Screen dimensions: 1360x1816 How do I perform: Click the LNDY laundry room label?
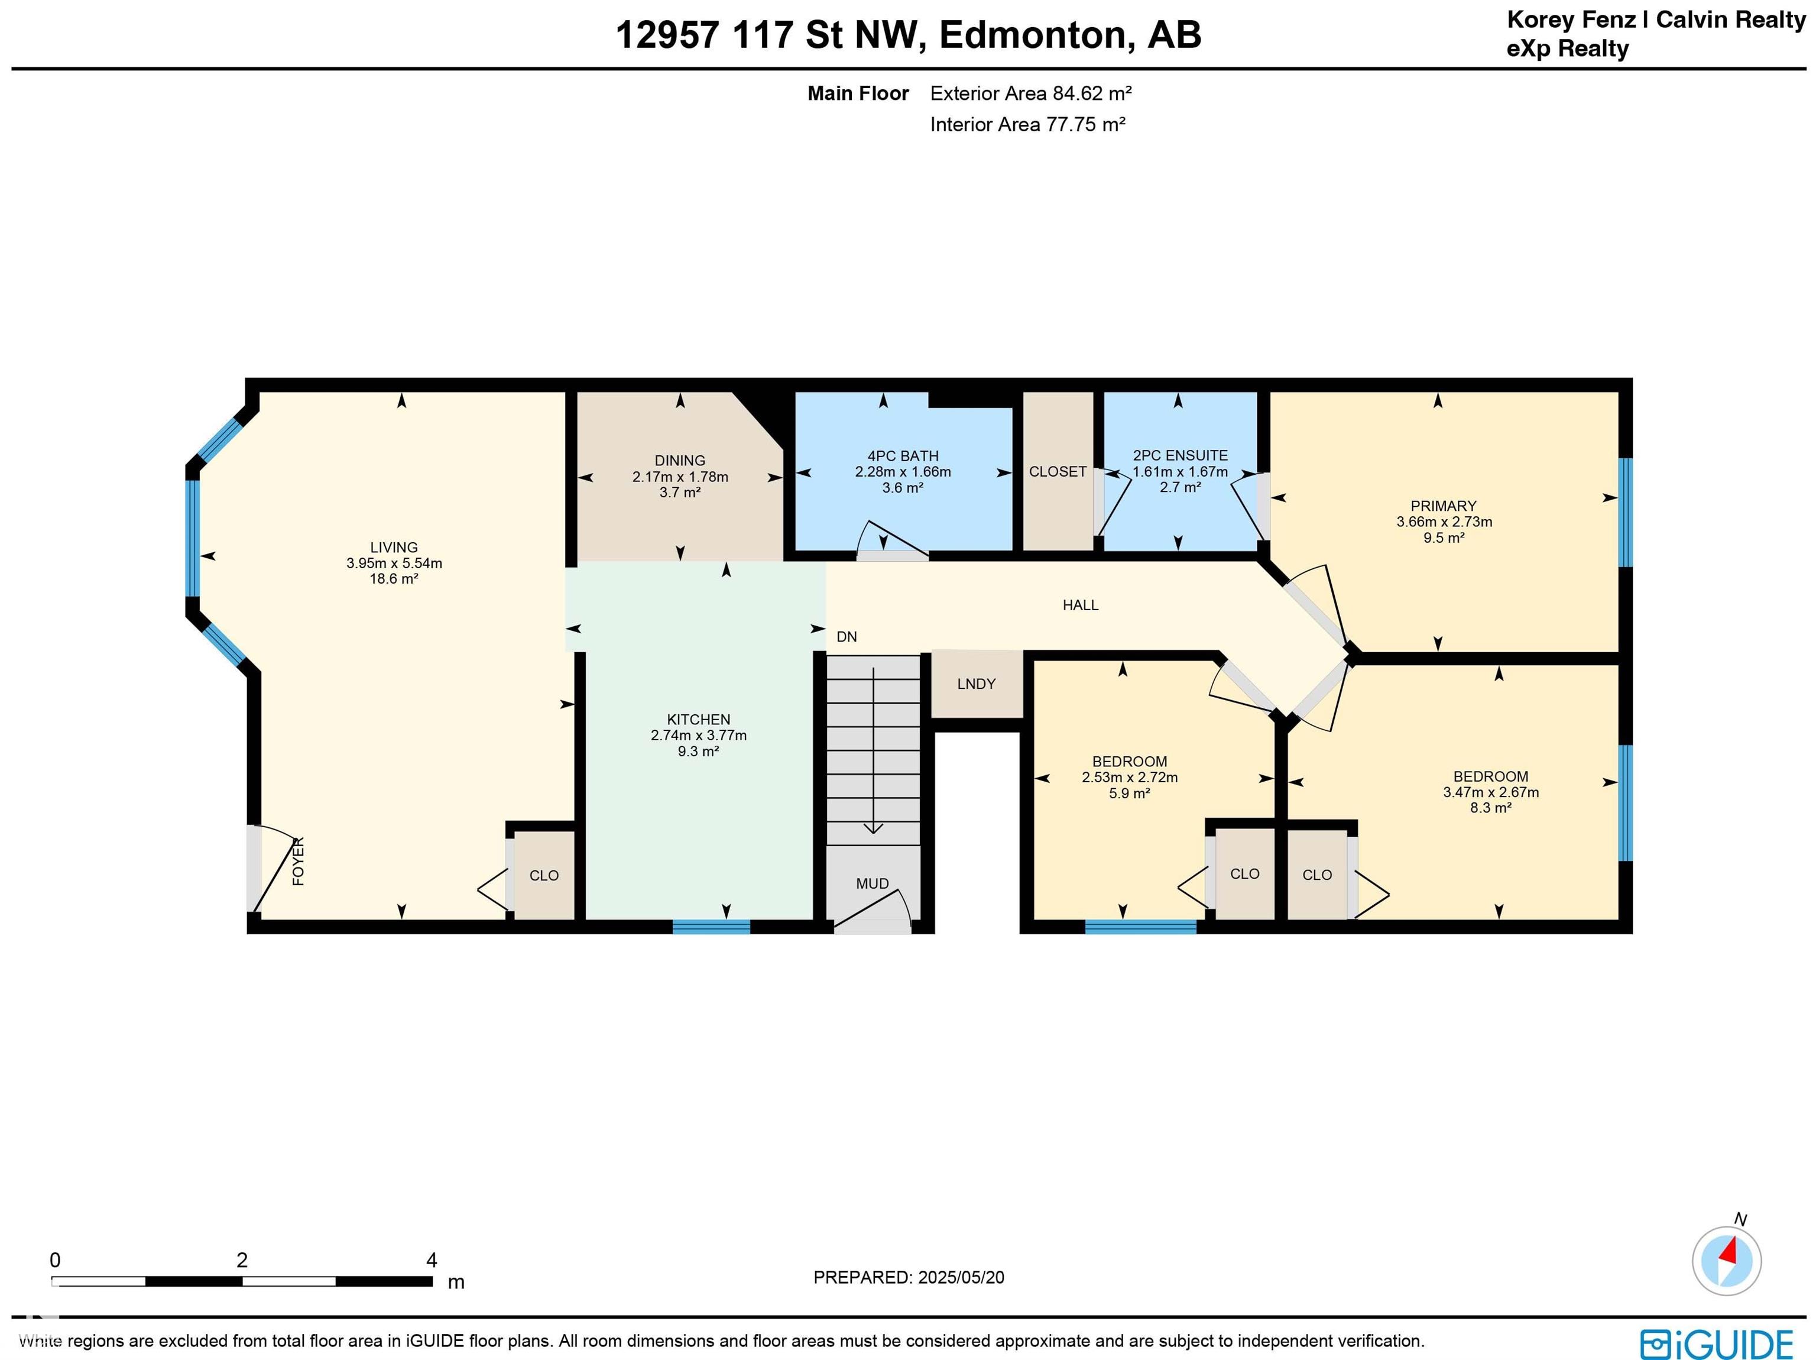coord(976,684)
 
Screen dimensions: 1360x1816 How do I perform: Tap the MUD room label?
coord(872,883)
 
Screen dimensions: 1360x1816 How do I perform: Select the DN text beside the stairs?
coord(847,636)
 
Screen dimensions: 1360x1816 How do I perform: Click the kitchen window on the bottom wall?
coord(711,927)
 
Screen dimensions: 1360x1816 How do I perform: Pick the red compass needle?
coord(1729,1252)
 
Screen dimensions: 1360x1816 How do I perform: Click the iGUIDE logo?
coord(1717,1345)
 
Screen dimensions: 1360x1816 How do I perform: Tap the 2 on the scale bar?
coord(242,1261)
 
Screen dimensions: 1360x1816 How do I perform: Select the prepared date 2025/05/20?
coord(961,1277)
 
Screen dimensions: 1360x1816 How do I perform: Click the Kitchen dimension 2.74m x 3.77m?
coord(699,735)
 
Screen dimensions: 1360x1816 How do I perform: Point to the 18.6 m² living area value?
coord(394,579)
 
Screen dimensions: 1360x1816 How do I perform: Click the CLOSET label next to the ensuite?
coord(1058,471)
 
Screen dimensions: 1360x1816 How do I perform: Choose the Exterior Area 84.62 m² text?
coord(1030,93)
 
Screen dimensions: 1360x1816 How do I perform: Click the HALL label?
coord(1081,605)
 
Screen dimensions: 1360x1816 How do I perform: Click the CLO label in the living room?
coord(543,876)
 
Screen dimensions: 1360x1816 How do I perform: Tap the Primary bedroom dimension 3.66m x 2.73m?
coord(1444,522)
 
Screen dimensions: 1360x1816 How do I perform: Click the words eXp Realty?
coord(1567,49)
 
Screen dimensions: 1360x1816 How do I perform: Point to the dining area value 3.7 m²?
coord(680,493)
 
